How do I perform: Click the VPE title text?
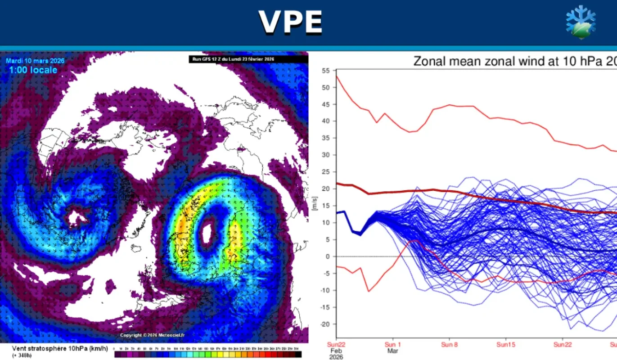[290, 22]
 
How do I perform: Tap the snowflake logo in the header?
[581, 22]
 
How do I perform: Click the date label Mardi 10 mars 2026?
[35, 61]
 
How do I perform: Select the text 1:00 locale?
[33, 70]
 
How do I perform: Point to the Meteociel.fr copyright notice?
[152, 335]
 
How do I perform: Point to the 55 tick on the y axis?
[326, 71]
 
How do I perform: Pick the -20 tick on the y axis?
[325, 324]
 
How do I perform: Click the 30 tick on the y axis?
[326, 155]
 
